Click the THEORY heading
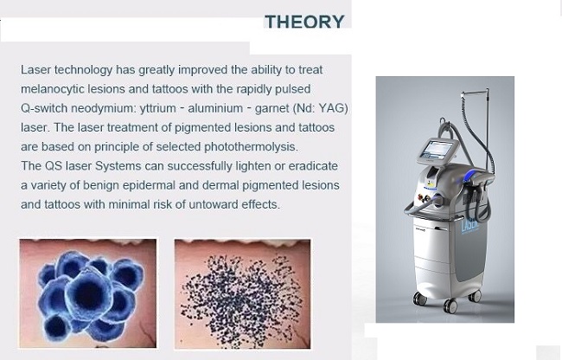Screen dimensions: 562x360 pyautogui.click(x=304, y=22)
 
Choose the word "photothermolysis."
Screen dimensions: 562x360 pyautogui.click(x=251, y=147)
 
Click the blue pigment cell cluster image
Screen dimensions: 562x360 pyautogui.click(x=88, y=293)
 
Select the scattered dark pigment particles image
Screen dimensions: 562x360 pyautogui.click(x=243, y=293)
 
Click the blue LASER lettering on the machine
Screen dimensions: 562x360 pyautogui.click(x=469, y=224)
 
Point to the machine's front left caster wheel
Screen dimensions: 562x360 pyautogui.click(x=419, y=299)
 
